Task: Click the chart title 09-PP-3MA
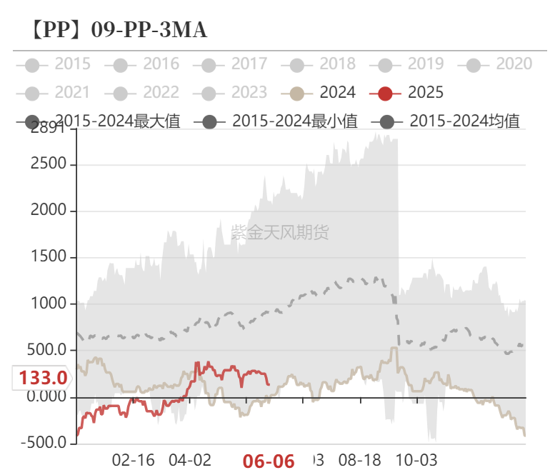point(119,30)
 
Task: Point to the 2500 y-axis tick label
point(49,164)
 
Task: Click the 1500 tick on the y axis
point(49,257)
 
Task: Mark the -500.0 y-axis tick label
point(45,443)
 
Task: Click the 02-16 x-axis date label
point(133,459)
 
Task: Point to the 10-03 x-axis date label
point(416,459)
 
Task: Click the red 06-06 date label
point(269,461)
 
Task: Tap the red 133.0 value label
point(43,378)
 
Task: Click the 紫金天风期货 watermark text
point(280,232)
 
